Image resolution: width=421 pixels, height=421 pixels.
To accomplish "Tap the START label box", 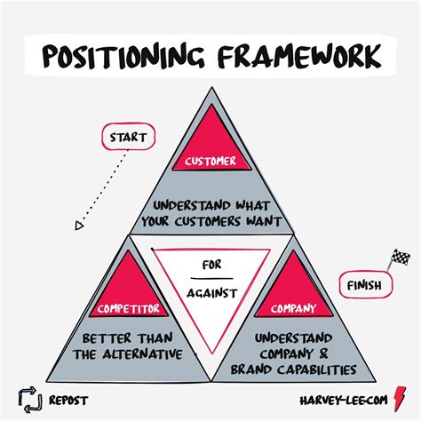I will coord(129,138).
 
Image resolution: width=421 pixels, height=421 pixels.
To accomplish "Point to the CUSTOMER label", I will coord(210,162).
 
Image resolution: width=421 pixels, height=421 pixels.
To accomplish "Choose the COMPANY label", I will coord(290,309).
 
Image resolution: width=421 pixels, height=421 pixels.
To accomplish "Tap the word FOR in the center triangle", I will coord(210,265).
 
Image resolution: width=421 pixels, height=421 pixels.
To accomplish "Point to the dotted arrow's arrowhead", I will coord(80,226).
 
